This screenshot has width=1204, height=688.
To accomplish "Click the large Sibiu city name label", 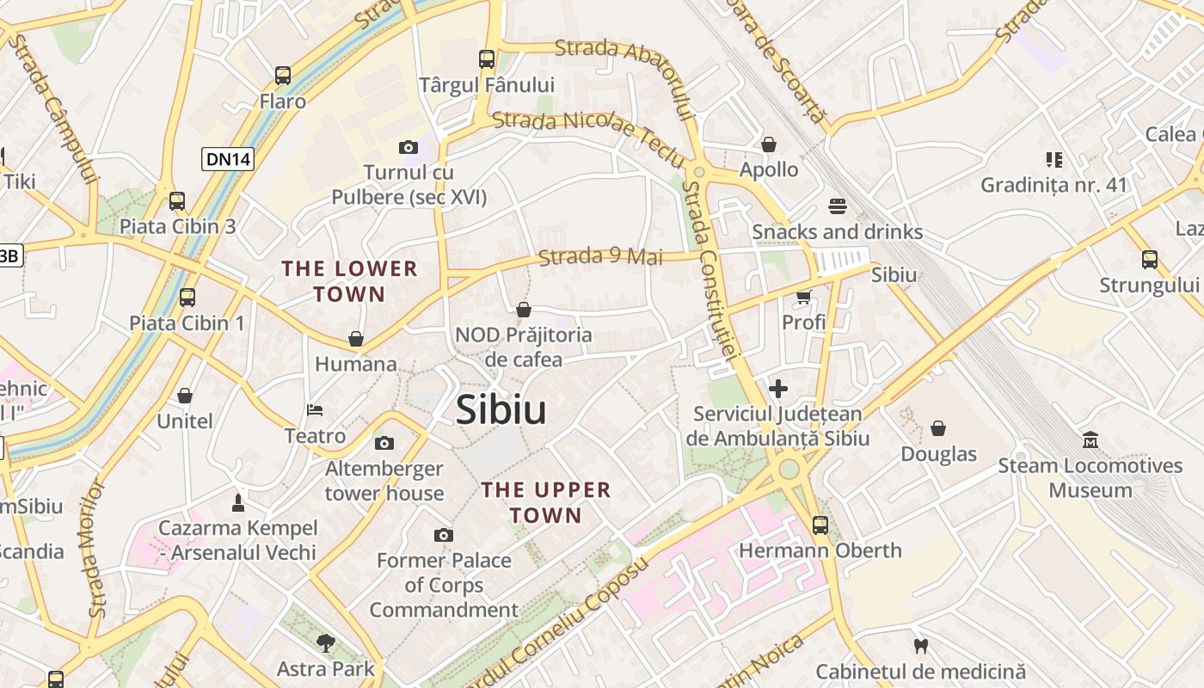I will (501, 409).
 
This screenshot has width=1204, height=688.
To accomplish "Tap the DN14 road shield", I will (228, 158).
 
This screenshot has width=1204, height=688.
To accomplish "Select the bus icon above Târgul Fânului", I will (487, 59).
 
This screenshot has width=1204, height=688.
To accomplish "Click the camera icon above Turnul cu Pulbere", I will (408, 148).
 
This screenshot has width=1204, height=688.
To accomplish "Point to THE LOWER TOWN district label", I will (349, 281).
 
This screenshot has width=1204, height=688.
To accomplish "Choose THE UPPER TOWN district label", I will (546, 502).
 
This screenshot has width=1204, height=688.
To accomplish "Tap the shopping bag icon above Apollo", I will (769, 144).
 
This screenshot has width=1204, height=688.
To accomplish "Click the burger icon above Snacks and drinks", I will (838, 206).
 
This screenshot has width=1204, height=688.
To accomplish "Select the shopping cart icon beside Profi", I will (803, 298).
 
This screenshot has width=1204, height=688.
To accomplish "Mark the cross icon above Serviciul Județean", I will (778, 389).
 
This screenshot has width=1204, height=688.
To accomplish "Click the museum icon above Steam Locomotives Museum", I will (1090, 440).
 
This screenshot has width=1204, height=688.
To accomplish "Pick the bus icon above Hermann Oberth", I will (820, 525).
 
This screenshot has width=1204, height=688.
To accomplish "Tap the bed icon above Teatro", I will (315, 410).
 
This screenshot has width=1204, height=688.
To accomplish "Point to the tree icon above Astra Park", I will (325, 642).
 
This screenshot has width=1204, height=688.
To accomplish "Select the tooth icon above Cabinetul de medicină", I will (920, 646).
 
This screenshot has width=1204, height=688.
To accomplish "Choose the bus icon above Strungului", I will (1149, 259).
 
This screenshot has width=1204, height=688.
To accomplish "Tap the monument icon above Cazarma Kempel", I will (238, 502).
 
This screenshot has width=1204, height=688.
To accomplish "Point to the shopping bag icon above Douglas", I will (938, 428).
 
